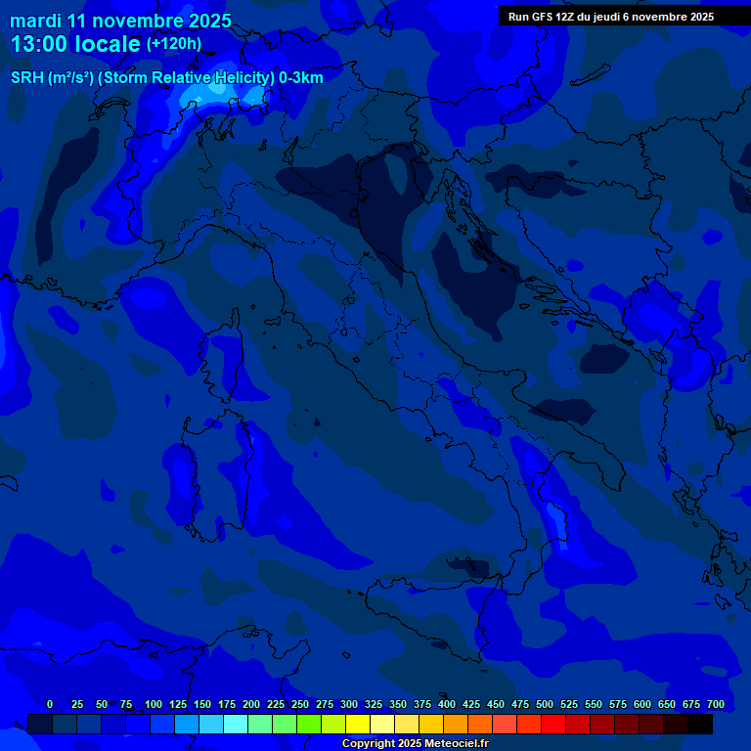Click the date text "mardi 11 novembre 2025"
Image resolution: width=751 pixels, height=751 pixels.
point(120,21)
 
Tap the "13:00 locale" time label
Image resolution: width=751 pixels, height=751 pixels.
point(75,44)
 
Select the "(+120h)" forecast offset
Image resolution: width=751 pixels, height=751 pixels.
point(174,44)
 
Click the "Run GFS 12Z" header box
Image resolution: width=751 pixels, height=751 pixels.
point(611,17)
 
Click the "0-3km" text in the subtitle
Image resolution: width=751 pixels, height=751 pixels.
point(301,78)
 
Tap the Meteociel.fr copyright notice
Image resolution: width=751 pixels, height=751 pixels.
point(415,744)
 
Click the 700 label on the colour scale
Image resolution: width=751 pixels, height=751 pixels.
point(715,705)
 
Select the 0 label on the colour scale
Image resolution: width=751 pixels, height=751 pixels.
point(50,705)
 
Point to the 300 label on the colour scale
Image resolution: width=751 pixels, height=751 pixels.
point(349,705)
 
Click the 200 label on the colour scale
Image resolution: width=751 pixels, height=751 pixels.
point(251,705)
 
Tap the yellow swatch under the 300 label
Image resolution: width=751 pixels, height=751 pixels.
point(358,724)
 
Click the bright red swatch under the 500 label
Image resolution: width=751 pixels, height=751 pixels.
point(553,724)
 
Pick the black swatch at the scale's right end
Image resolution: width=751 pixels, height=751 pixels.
point(700,724)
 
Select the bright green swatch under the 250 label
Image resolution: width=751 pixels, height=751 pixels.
point(309,724)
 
